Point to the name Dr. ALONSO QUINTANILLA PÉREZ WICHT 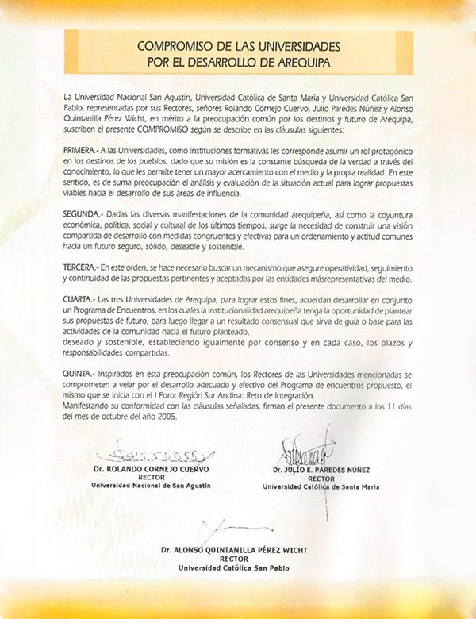click(x=234, y=549)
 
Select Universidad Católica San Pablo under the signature click(x=234, y=567)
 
